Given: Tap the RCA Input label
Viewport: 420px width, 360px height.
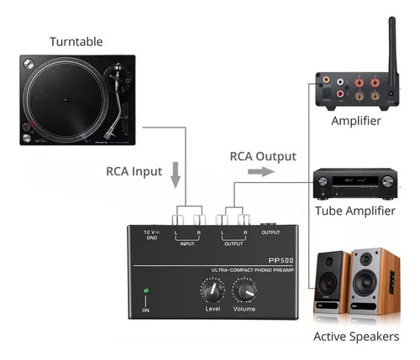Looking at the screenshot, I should (134, 171).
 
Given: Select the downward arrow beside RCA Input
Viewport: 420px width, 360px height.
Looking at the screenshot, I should (175, 175).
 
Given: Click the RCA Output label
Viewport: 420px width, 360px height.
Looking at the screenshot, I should (263, 156).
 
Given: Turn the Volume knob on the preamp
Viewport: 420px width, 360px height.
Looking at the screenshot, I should (245, 291).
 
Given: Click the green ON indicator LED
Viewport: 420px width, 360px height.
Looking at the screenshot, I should (145, 292).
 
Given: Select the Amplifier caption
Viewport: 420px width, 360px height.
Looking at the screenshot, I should (355, 121).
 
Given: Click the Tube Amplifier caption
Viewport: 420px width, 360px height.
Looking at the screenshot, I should (354, 211).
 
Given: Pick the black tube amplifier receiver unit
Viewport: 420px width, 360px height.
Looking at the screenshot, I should (354, 182).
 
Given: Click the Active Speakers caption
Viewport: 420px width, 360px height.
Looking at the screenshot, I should (355, 337).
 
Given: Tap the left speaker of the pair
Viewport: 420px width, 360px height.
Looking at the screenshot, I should (331, 285).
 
